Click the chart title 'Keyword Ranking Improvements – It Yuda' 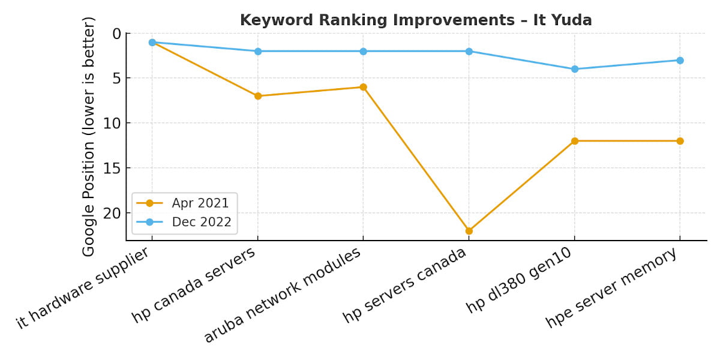pyautogui.click(x=416, y=20)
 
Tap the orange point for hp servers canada pyautogui.click(x=469, y=231)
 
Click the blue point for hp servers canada pyautogui.click(x=469, y=51)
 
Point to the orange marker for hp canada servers pyautogui.click(x=258, y=96)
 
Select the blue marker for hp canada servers pyautogui.click(x=258, y=51)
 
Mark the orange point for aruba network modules pyautogui.click(x=364, y=87)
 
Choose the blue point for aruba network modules pyautogui.click(x=364, y=51)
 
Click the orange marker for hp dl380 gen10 pyautogui.click(x=575, y=141)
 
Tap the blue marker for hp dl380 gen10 pyautogui.click(x=575, y=69)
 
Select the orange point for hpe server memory pyautogui.click(x=680, y=141)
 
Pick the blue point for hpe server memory pyautogui.click(x=680, y=60)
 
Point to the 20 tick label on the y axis pyautogui.click(x=112, y=213)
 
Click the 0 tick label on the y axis pyautogui.click(x=116, y=34)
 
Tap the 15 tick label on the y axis pyautogui.click(x=112, y=168)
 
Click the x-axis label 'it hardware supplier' pyautogui.click(x=84, y=287)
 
